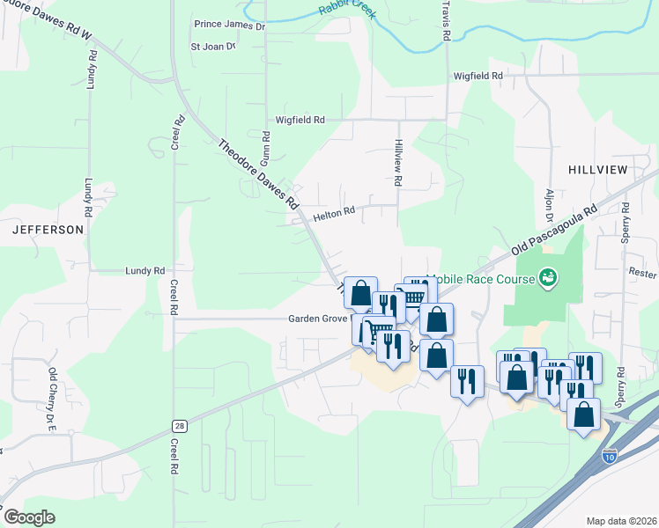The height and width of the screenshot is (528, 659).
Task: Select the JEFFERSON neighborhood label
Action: (x=48, y=229)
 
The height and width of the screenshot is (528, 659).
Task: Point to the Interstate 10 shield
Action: (x=610, y=456)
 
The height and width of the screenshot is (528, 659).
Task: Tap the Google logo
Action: (x=29, y=517)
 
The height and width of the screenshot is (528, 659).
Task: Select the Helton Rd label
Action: (x=334, y=212)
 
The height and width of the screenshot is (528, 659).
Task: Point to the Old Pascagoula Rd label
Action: (x=555, y=231)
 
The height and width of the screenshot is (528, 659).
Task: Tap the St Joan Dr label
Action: (x=214, y=46)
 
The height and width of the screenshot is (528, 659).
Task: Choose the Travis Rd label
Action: (x=446, y=19)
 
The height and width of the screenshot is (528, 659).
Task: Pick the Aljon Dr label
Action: (x=549, y=206)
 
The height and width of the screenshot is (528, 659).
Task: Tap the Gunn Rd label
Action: (x=264, y=145)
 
